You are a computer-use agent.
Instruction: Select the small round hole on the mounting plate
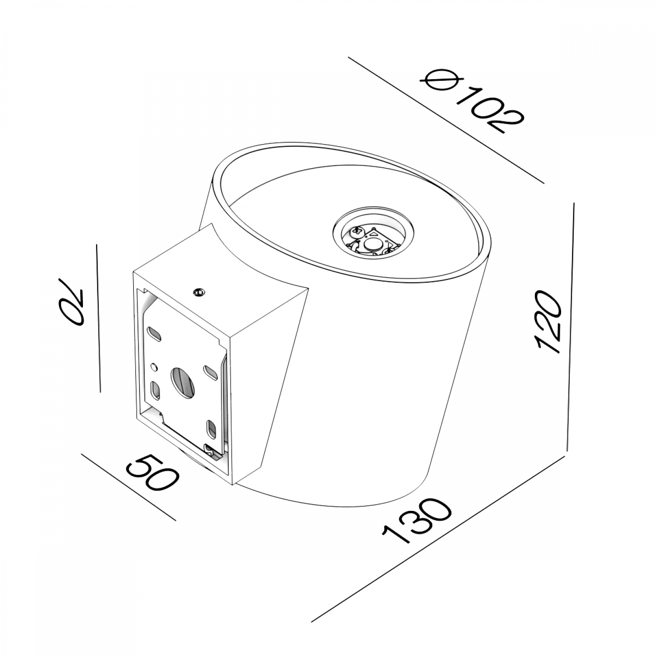(x=154, y=366)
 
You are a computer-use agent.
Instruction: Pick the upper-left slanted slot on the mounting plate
(x=155, y=334)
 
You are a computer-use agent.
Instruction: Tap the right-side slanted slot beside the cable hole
(x=210, y=372)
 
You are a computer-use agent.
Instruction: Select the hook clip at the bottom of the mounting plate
(x=211, y=452)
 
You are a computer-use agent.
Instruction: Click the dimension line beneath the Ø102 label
(x=446, y=121)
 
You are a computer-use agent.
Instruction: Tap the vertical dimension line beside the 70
(x=98, y=318)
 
